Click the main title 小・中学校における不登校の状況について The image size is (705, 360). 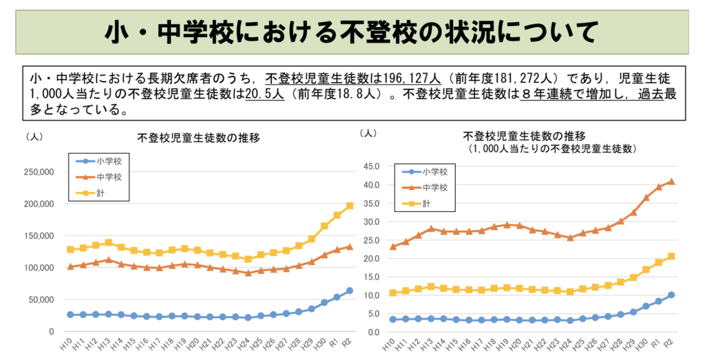click(x=352, y=32)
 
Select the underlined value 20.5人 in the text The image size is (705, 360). click(x=264, y=94)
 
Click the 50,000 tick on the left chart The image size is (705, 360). click(x=41, y=299)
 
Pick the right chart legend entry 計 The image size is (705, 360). click(x=426, y=203)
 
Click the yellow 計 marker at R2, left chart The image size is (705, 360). click(x=350, y=205)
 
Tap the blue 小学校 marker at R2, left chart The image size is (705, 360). click(x=350, y=290)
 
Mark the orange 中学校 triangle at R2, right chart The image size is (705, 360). click(x=671, y=182)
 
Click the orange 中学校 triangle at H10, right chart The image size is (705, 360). click(x=393, y=246)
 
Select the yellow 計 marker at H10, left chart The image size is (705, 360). click(x=70, y=250)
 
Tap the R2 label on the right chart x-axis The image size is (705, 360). click(x=671, y=343)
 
